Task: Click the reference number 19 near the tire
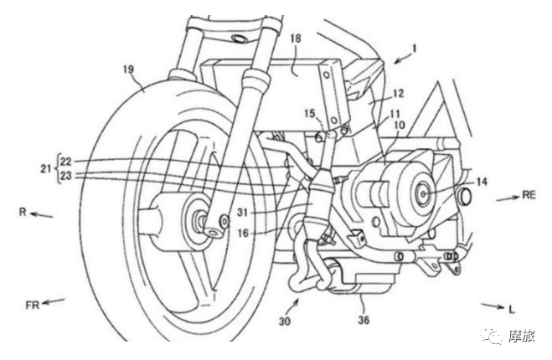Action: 128,69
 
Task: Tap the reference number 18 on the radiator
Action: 296,39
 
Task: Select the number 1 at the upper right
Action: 415,48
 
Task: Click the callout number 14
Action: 482,182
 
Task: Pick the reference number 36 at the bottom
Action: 364,320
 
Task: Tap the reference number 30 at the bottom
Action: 285,321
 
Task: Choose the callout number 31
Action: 242,213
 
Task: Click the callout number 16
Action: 243,233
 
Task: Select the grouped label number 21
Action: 45,168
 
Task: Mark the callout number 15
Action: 311,114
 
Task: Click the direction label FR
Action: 32,305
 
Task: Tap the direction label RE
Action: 529,194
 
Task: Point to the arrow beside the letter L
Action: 493,306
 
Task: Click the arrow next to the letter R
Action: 42,214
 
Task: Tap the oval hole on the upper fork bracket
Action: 239,38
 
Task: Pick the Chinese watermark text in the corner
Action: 522,337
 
